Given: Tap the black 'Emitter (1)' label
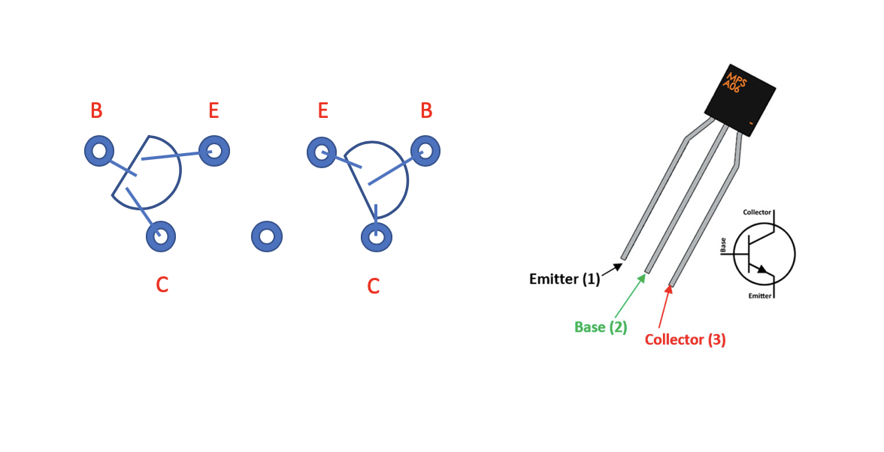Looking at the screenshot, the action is tap(565, 279).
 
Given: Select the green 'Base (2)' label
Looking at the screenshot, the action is tap(601, 327).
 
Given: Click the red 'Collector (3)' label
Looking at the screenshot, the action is tap(685, 339).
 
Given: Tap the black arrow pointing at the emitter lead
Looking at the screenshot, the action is tap(612, 270).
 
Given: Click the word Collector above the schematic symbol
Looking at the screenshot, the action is tap(756, 212).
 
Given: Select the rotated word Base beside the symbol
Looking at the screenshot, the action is tap(723, 245).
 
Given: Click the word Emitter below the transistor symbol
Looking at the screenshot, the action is tap(759, 296).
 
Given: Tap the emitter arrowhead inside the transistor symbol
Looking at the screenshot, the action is tap(762, 270).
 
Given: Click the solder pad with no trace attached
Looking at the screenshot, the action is tap(267, 237).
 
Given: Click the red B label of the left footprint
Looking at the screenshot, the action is tap(96, 110).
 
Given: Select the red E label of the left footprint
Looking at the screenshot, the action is tap(213, 110).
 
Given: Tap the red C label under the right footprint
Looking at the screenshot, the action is tap(373, 286).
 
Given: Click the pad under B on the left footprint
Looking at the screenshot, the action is tap(99, 151).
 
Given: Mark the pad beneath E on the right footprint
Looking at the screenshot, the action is tap(322, 152).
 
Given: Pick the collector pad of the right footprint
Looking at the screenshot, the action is tap(377, 237).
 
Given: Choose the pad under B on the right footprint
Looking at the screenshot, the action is tap(425, 151).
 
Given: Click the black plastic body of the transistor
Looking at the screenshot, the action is tap(740, 100).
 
